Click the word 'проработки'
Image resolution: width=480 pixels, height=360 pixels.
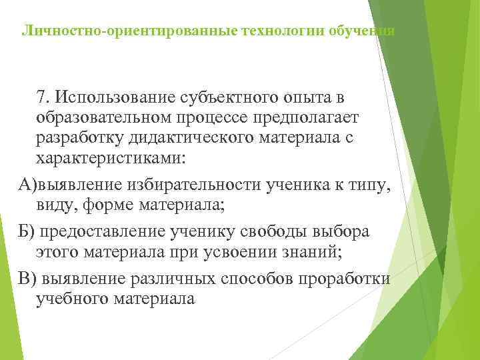click(351, 278)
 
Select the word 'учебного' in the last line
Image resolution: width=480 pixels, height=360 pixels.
click(72, 299)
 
